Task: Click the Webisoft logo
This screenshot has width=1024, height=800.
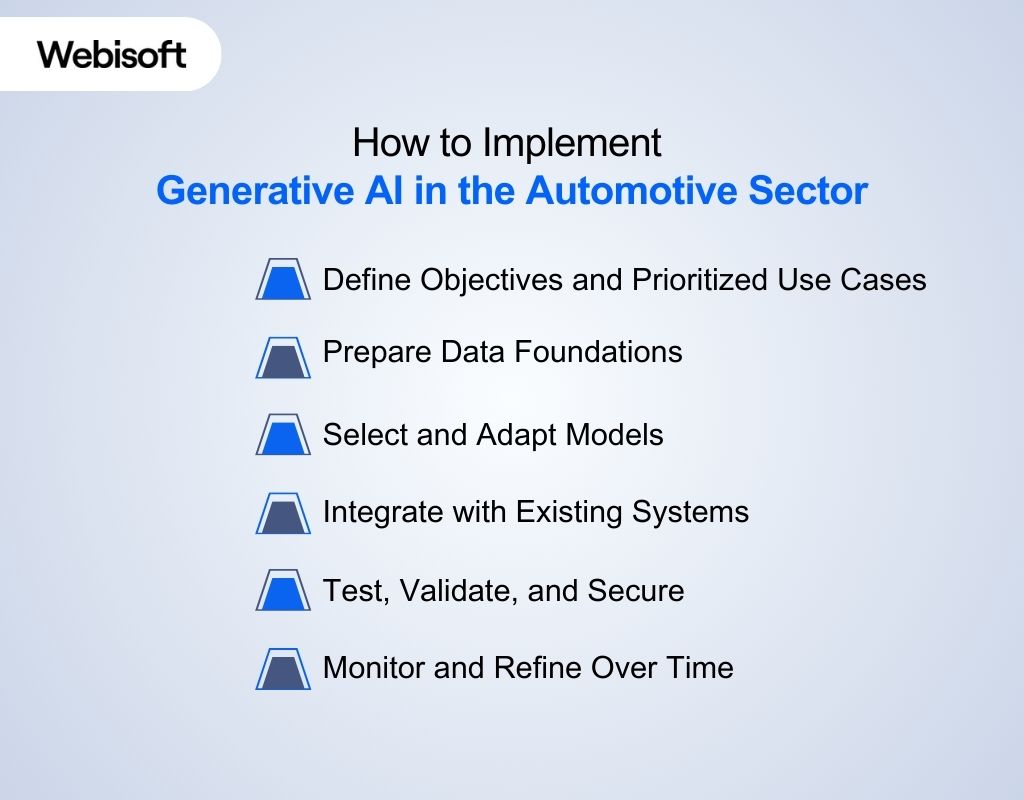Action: pos(112,54)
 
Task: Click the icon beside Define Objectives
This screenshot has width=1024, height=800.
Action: pos(283,280)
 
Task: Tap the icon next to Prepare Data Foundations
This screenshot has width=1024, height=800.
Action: pos(283,357)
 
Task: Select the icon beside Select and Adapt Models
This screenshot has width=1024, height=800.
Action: pos(283,435)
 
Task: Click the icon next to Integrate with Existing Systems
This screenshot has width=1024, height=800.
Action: pos(283,513)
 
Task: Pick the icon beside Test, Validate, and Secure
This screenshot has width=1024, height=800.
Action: pos(283,590)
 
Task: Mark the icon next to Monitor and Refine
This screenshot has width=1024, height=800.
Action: pos(283,668)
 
